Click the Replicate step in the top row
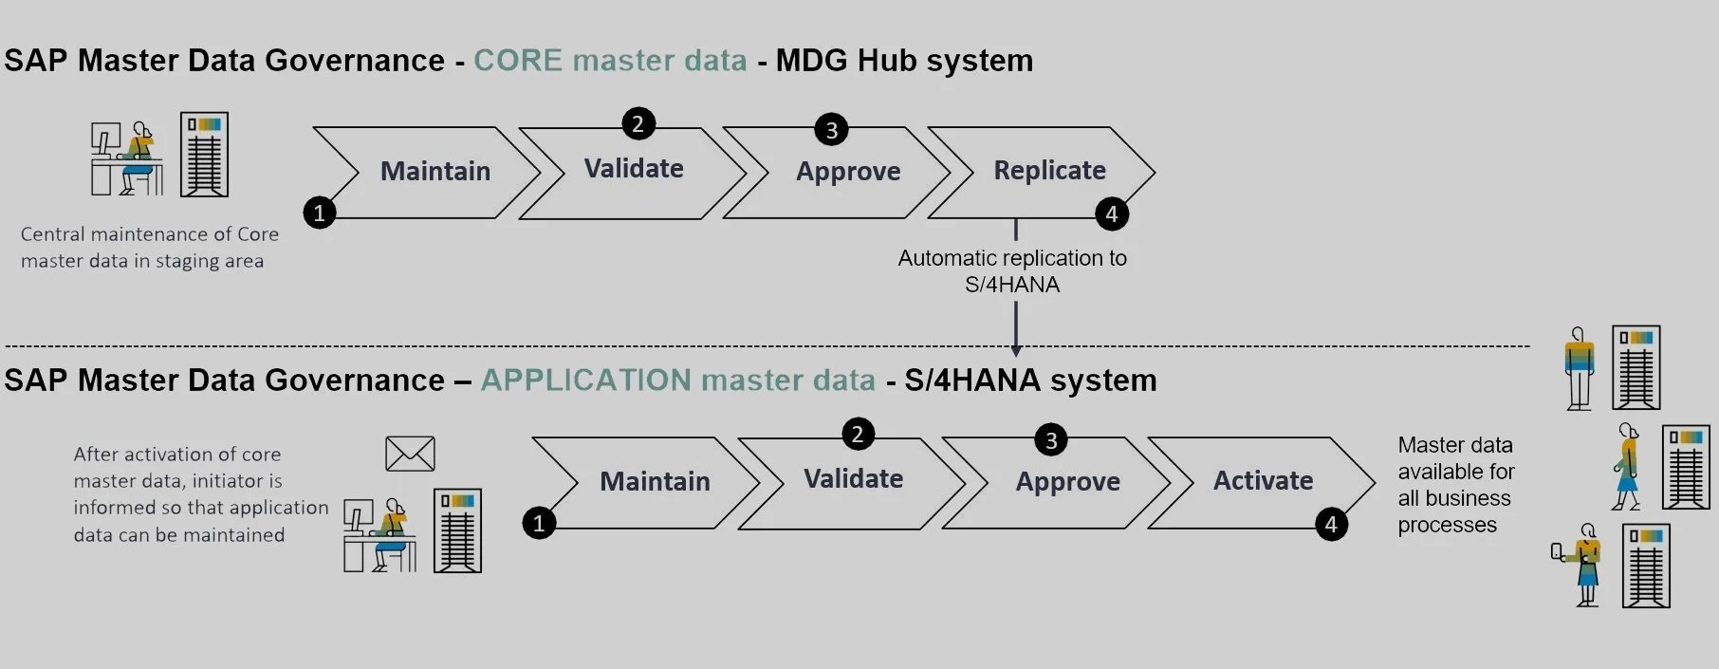click(1049, 171)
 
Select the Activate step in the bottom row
click(1263, 481)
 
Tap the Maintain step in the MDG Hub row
click(435, 172)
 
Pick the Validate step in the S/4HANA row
click(853, 479)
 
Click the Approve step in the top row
click(848, 172)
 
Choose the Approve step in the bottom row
click(1067, 482)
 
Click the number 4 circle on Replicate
click(1112, 214)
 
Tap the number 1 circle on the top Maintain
click(320, 213)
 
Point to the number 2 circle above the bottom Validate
click(858, 434)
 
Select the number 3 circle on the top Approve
click(831, 130)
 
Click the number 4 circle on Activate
click(1331, 524)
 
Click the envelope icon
click(410, 454)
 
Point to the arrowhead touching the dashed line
click(1015, 349)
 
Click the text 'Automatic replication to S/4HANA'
click(1012, 271)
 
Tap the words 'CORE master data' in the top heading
click(610, 61)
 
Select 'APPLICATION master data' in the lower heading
click(677, 381)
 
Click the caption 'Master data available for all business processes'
click(1455, 485)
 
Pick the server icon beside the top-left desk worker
click(205, 155)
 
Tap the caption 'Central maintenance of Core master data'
click(149, 247)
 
